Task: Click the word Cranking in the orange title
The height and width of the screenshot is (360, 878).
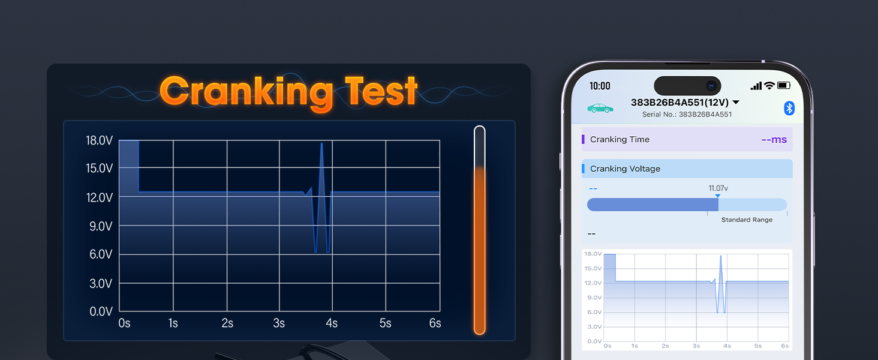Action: coord(246,92)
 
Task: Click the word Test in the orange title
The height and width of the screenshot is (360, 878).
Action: coord(381,91)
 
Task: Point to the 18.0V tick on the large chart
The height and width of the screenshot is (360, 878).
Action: coord(99,140)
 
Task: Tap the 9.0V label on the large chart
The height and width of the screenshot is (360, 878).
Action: coord(101,226)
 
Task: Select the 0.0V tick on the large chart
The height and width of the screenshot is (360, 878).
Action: coord(101,311)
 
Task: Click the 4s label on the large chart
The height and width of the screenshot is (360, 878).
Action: coord(332,323)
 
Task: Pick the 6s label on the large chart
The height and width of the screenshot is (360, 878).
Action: coord(435,323)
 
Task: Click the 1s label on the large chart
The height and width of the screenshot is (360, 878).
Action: coord(173,323)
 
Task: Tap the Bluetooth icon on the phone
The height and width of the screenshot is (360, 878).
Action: coord(789,108)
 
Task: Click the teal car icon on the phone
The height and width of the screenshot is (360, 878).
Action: coord(600,108)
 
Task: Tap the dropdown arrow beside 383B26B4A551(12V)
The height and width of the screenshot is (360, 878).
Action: coord(736,103)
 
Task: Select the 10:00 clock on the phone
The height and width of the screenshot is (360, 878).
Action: coord(600,86)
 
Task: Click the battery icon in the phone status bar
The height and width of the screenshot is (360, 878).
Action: coord(784,85)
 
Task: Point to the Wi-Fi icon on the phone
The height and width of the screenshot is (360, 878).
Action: coord(769,85)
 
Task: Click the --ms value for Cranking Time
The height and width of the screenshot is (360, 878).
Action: coord(774,140)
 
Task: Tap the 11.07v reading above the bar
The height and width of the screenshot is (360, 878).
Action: coord(718,188)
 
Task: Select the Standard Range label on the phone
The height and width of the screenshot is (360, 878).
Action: coord(747,220)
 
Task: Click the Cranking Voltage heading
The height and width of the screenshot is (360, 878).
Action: coord(625,169)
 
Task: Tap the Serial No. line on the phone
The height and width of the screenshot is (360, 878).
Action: coord(687,115)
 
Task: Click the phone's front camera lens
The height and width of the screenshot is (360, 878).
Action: coord(711,86)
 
